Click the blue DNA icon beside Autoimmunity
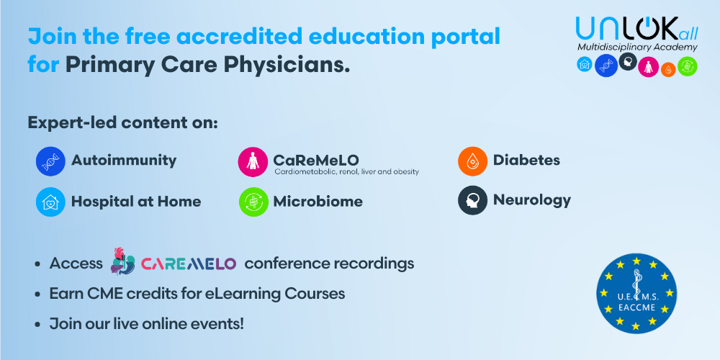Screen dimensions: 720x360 click(50, 161)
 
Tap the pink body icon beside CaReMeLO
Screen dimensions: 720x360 click(253, 161)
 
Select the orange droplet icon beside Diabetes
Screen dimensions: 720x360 click(472, 161)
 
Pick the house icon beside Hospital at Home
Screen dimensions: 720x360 click(50, 202)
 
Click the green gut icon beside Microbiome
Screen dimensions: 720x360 click(253, 202)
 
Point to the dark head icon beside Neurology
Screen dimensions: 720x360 click(472, 199)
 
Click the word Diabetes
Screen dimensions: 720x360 click(526, 161)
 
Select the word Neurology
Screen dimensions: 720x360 click(532, 200)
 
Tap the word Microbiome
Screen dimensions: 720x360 click(318, 202)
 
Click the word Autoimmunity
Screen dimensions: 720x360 click(124, 161)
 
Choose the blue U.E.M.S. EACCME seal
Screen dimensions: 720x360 click(636, 294)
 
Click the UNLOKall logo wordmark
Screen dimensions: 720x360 click(637, 28)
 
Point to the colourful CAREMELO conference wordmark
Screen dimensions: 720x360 click(188, 264)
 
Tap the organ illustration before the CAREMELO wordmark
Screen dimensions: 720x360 click(122, 261)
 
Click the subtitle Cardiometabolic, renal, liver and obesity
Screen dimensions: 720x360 click(347, 172)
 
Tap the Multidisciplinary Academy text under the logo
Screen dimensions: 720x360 click(637, 48)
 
